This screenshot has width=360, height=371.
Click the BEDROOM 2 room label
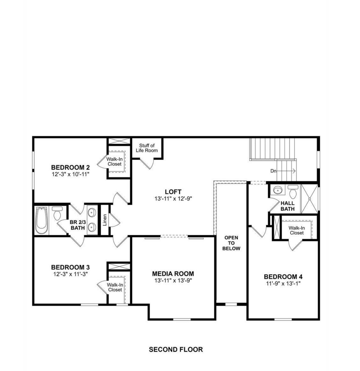tap(70, 167)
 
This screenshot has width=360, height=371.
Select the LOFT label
tap(173, 192)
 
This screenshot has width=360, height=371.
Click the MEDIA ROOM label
tap(173, 274)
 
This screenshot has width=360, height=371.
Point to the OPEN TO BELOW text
tap(231, 243)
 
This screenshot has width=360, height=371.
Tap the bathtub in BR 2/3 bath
tap(42, 220)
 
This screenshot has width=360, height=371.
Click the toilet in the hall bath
tap(292, 192)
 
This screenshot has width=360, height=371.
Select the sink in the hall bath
tap(277, 190)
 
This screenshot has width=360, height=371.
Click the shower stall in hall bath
tap(309, 199)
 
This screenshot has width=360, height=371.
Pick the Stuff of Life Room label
tap(147, 148)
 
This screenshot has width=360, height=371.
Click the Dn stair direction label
tap(273, 171)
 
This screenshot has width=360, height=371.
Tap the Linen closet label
tap(105, 220)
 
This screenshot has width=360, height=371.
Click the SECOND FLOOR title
tap(176, 349)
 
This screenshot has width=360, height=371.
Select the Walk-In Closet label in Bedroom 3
tap(115, 287)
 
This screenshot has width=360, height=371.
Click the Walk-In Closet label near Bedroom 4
tap(297, 230)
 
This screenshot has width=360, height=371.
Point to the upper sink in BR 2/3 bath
tap(92, 213)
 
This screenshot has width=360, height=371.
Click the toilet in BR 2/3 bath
tap(57, 213)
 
